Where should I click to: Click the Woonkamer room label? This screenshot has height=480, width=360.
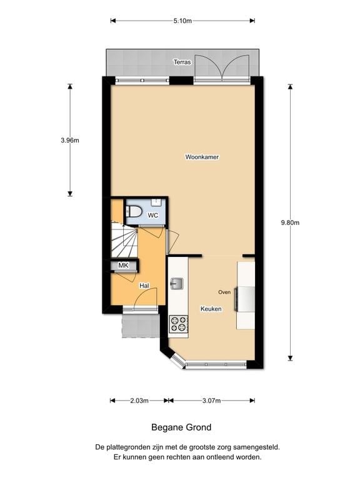point(202,157)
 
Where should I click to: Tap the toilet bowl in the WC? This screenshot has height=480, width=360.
point(133,211)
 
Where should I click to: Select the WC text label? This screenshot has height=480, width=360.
point(152,216)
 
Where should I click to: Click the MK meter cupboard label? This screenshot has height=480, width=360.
point(124,266)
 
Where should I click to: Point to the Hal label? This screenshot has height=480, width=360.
point(144,286)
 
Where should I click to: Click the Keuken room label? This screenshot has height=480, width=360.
point(211,309)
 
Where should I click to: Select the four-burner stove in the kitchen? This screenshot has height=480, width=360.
point(179,323)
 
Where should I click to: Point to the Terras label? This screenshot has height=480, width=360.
point(182,62)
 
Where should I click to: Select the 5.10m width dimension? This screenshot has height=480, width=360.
point(182,21)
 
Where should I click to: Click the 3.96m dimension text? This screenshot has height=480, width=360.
point(70,140)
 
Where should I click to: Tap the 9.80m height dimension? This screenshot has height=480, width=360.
point(291,222)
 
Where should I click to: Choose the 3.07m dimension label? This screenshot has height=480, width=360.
point(212,401)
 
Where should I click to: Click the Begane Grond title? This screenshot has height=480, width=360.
point(181,428)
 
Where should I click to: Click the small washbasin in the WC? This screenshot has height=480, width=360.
point(156,202)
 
